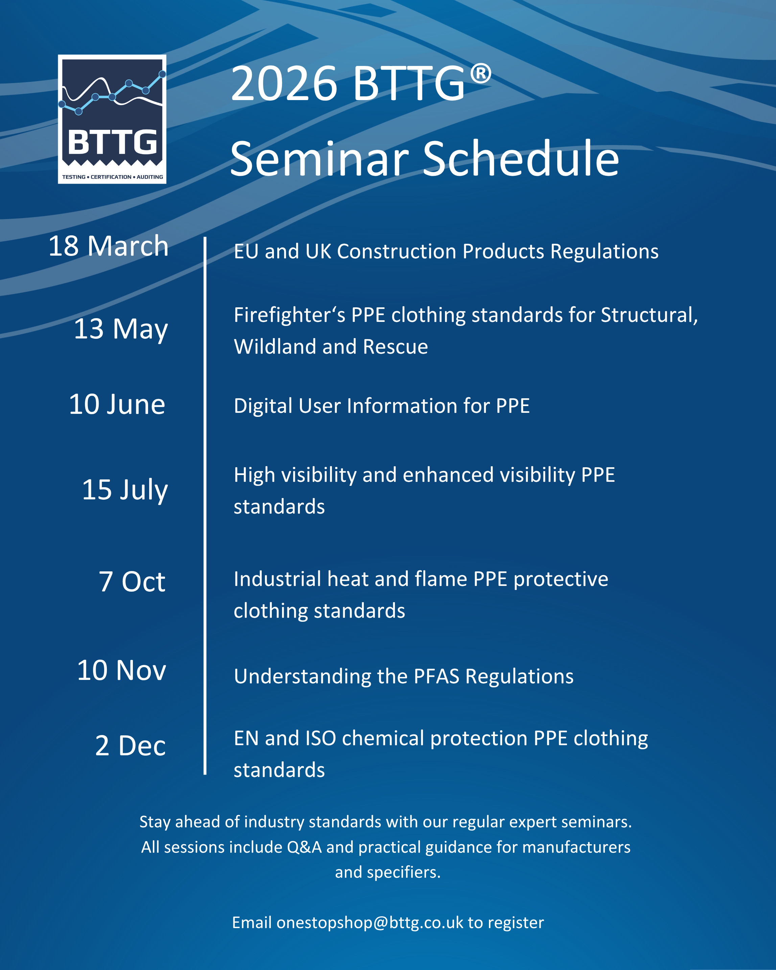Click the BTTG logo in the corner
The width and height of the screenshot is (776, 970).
[112, 119]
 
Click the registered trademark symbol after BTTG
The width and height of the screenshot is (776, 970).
[481, 74]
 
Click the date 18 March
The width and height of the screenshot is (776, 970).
[109, 246]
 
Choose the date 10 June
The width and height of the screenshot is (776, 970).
[117, 404]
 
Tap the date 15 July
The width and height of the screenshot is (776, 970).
[125, 490]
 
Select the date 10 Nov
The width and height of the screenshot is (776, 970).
[121, 670]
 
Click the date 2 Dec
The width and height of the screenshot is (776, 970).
[131, 746]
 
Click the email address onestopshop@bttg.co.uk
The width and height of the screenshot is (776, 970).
[370, 923]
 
